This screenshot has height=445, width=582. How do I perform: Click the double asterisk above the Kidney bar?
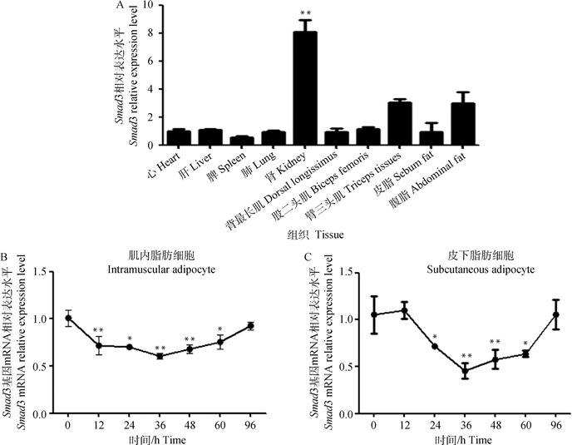click(305, 14)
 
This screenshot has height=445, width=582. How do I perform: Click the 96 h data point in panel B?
click(249, 326)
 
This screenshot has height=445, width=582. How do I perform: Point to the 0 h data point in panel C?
click(375, 314)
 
